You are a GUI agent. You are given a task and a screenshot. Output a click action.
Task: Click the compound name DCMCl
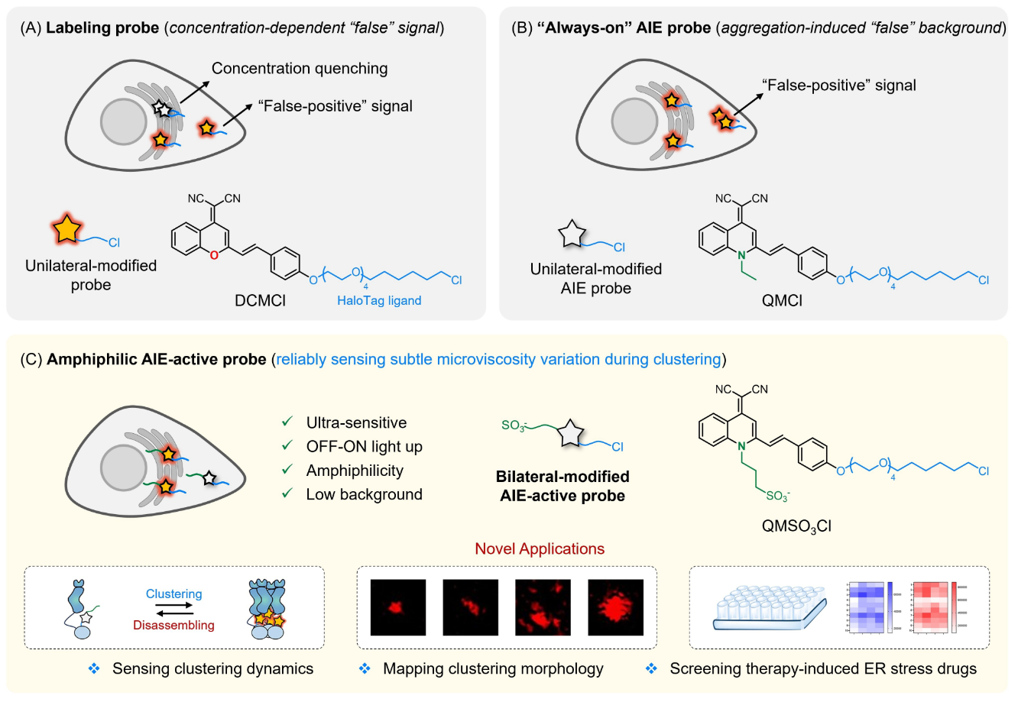tap(260, 301)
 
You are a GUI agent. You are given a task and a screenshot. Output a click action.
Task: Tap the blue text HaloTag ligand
tap(379, 301)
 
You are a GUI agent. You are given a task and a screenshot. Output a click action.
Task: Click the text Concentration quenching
tap(300, 69)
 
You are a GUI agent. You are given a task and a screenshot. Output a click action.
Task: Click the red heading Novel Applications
tap(540, 548)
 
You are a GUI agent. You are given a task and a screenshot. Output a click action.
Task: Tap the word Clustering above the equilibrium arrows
tap(173, 594)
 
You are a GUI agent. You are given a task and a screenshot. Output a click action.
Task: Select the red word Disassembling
tap(173, 625)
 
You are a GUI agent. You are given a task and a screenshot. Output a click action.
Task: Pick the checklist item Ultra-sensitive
tap(356, 422)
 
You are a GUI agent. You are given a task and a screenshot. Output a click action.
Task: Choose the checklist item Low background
tap(364, 494)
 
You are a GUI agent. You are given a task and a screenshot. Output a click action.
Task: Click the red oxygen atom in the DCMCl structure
tap(214, 254)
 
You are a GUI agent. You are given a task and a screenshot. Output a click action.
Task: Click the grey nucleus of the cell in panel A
tap(126, 121)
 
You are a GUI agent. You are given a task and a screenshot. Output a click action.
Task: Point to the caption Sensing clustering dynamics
tap(212, 669)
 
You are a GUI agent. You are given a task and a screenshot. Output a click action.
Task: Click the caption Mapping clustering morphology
tap(493, 669)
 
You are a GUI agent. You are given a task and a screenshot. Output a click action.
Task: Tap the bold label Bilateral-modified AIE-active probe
tap(562, 486)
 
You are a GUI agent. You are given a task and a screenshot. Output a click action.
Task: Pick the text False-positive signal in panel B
tap(838, 85)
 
